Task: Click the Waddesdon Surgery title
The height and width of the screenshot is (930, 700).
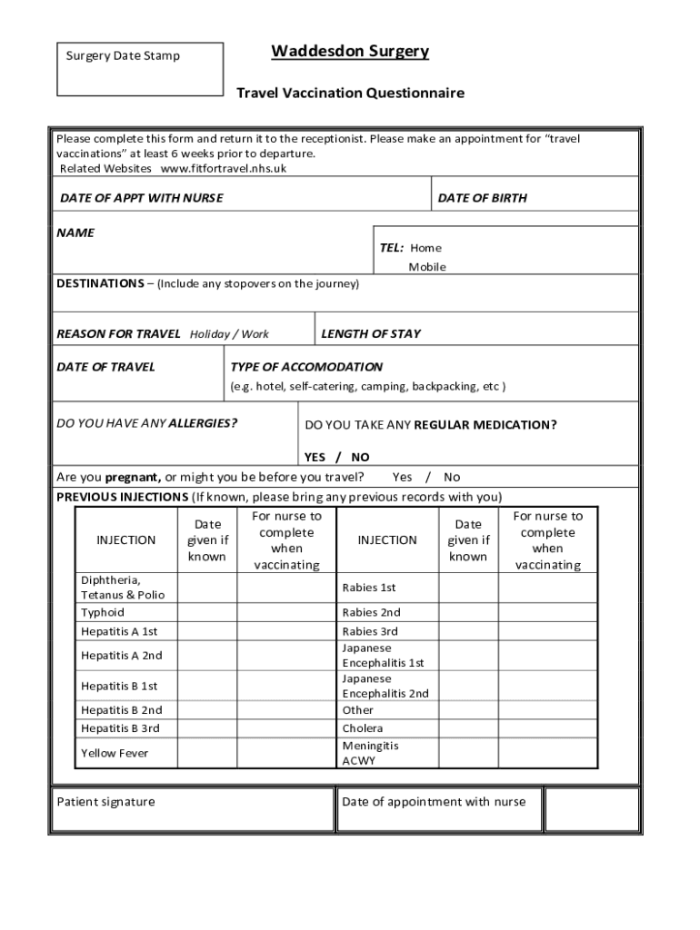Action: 350,52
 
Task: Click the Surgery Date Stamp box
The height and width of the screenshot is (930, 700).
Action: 139,69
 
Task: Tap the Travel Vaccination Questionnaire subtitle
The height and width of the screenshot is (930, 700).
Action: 350,93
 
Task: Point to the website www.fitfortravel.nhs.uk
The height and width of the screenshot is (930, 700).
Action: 224,168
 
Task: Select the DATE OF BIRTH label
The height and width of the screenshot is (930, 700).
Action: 482,198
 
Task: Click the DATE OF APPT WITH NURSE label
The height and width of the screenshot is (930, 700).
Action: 141,198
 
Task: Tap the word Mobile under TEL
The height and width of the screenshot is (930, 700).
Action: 427,267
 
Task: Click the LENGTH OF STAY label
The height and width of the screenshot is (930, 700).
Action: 371,333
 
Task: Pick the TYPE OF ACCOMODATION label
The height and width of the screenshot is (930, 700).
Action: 306,367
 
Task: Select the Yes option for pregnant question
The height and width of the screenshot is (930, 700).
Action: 402,477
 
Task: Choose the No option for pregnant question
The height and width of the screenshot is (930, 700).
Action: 452,477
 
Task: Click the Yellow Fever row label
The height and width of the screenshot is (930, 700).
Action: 115,753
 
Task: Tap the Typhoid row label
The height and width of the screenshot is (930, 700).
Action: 103,612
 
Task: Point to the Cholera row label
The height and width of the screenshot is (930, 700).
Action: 363,728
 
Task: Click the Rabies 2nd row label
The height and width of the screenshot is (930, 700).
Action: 371,612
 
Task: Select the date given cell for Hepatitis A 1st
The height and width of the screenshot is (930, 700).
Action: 206,631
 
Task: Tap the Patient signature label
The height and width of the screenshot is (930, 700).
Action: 105,801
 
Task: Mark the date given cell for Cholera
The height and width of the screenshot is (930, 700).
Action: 468,728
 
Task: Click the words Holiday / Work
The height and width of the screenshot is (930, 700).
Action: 229,334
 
